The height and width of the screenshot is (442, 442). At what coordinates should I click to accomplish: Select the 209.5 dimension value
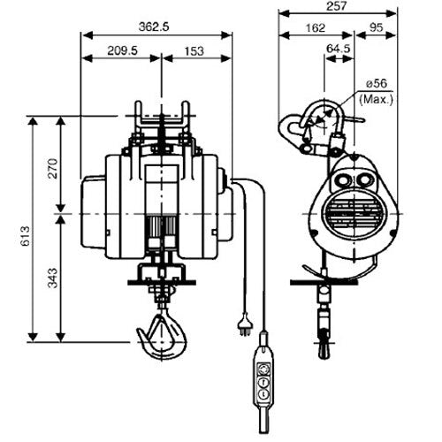pyautogui.click(x=120, y=51)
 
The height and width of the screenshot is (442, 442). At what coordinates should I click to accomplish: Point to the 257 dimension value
pyautogui.click(x=333, y=6)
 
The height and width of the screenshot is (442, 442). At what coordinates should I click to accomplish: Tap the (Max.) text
pyautogui.click(x=378, y=99)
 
